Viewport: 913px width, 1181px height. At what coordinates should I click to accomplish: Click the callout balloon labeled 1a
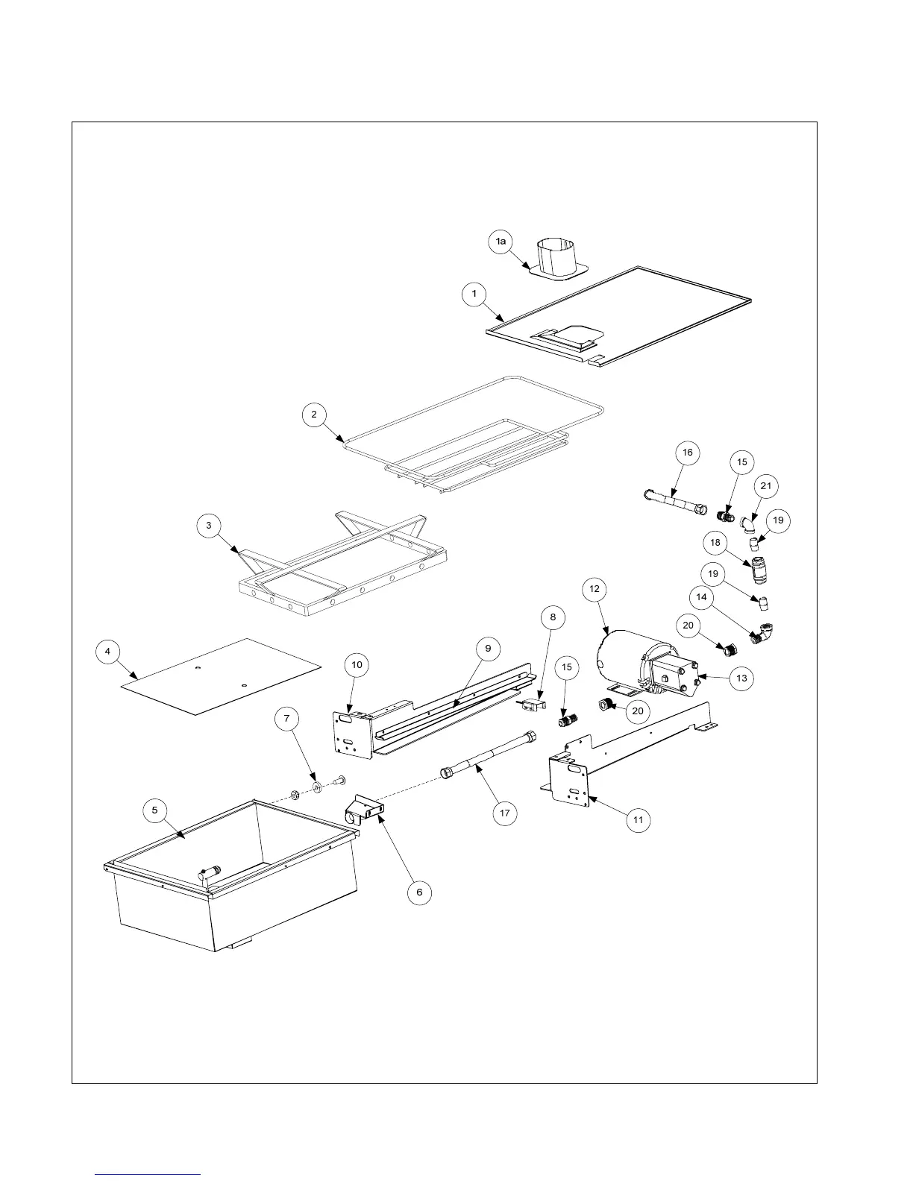[x=502, y=241]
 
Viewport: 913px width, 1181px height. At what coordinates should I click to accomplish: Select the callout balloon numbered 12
[x=594, y=589]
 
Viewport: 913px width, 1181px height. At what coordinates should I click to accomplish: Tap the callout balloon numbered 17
[x=505, y=812]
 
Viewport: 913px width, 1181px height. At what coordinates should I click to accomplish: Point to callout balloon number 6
[x=419, y=892]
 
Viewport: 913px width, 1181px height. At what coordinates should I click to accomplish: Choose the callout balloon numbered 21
[x=765, y=486]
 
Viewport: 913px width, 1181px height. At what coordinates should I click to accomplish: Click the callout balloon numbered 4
[x=108, y=652]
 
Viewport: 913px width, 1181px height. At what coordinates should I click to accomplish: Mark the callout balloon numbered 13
[x=741, y=678]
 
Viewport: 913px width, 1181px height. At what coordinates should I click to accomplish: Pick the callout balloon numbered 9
[x=488, y=649]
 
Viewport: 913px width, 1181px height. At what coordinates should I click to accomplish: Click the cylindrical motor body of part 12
[x=623, y=656]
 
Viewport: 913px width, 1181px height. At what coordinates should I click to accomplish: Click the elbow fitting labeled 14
[x=762, y=634]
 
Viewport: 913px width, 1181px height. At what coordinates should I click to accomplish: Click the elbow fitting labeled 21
[x=748, y=526]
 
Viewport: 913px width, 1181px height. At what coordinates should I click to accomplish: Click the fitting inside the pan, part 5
[x=212, y=871]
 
